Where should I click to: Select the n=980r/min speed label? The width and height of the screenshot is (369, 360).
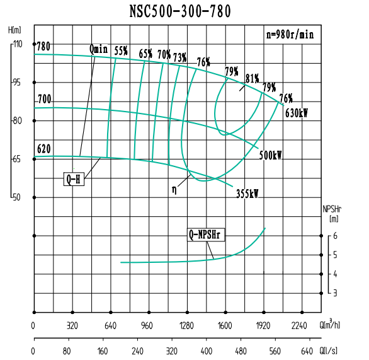click(290, 35)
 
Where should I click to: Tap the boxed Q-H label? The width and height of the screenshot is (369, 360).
click(74, 179)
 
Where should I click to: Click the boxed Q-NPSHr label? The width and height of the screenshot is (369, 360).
click(207, 235)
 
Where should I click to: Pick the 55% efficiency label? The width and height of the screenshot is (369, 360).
click(122, 52)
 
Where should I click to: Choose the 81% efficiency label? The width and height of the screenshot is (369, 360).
click(253, 79)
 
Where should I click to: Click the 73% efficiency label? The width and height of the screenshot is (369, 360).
click(180, 58)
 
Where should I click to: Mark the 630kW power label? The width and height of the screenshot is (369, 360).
click(295, 114)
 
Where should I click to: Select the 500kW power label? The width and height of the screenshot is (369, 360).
click(271, 154)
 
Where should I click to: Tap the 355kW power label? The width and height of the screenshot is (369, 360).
click(247, 194)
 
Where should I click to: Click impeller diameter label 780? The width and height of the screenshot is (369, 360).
click(43, 47)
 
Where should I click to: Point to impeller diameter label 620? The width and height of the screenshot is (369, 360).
click(43, 149)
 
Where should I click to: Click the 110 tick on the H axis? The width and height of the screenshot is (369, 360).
click(16, 44)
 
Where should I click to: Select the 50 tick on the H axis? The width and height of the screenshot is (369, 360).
click(16, 197)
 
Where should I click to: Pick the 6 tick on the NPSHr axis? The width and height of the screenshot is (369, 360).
click(336, 236)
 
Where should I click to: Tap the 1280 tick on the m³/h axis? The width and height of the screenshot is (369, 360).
click(186, 326)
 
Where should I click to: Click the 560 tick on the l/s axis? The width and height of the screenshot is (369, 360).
click(275, 351)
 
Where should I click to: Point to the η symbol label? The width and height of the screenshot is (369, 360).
click(174, 189)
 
